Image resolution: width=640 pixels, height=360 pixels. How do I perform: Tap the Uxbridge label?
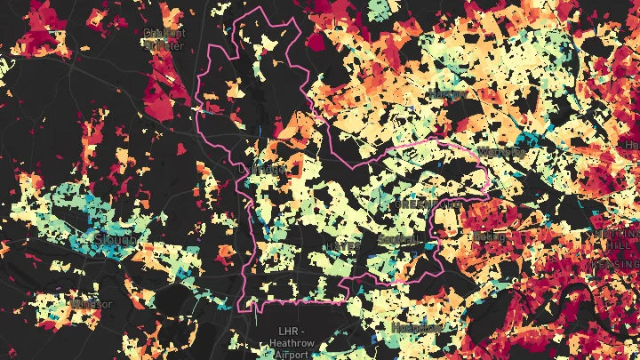pos(264,168)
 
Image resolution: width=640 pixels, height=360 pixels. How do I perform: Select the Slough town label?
pos(116,240)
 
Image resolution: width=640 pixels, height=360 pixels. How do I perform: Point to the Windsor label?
pos(92,304)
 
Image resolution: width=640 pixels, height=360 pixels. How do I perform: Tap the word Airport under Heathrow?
pos(292,354)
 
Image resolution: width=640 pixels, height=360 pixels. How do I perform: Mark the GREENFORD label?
pos(426,204)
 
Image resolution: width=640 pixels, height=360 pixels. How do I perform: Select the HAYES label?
pos(343,244)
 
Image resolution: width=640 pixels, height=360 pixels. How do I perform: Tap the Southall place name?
pos(396,239)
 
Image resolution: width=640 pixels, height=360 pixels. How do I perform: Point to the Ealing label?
pos(485,237)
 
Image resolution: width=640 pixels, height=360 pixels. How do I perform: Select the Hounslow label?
pos(416,327)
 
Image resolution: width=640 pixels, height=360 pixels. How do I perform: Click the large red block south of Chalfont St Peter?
pos(169,89)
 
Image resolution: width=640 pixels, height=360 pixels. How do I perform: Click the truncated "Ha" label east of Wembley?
pos(632,144)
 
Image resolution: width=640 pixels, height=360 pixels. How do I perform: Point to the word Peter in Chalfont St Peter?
pos(170,45)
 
